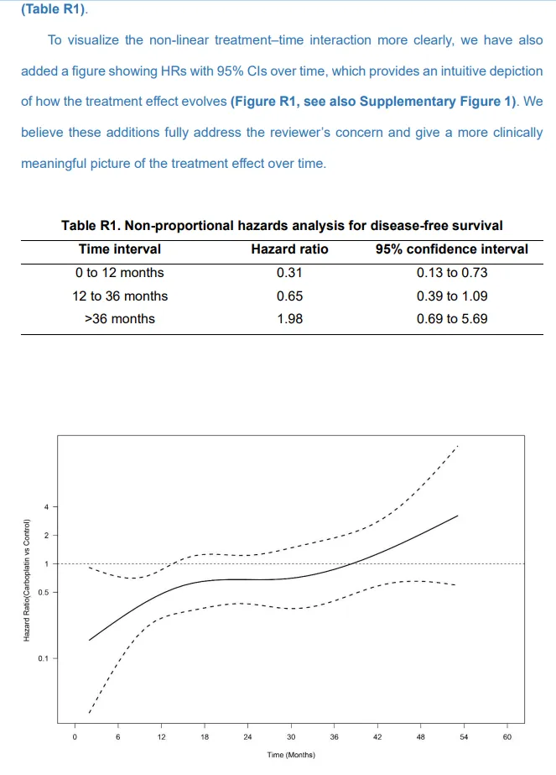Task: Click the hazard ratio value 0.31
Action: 289,273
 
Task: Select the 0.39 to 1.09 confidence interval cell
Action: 451,296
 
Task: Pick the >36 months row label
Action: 120,318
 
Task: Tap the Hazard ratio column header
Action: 289,249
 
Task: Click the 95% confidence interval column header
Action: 451,249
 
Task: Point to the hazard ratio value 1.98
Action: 289,318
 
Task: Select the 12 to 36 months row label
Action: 120,296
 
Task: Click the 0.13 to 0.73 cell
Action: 451,273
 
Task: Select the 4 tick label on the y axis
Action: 45,506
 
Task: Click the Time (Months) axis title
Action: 291,755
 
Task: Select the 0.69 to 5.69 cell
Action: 451,318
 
